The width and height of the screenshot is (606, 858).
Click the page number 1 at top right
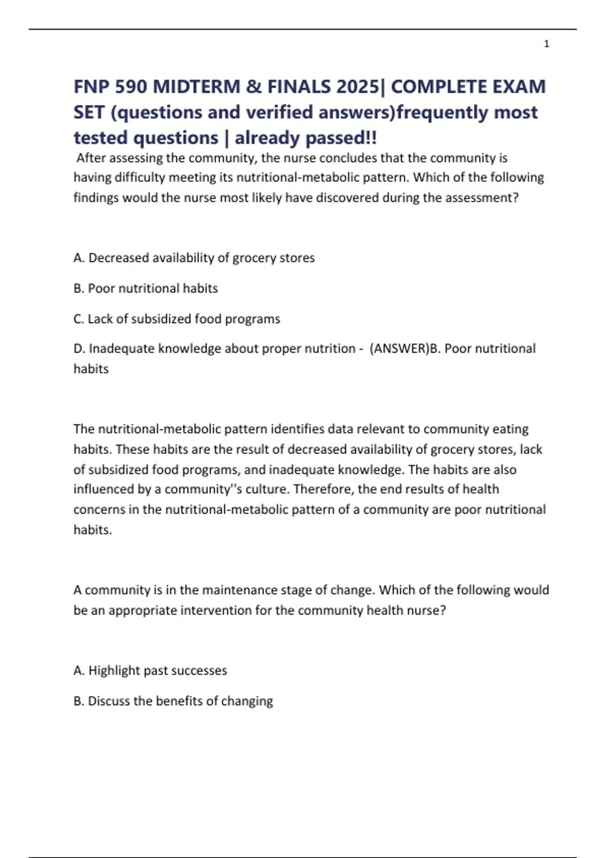pyautogui.click(x=546, y=44)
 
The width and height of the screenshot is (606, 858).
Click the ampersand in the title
pyautogui.click(x=254, y=87)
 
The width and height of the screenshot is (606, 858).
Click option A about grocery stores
pyautogui.click(x=194, y=258)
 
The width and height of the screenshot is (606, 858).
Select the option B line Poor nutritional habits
pyautogui.click(x=145, y=288)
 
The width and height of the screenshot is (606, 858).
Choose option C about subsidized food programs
pyautogui.click(x=177, y=319)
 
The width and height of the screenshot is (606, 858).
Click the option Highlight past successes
pyautogui.click(x=150, y=671)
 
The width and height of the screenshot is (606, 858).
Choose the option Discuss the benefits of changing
pyautogui.click(x=173, y=701)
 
